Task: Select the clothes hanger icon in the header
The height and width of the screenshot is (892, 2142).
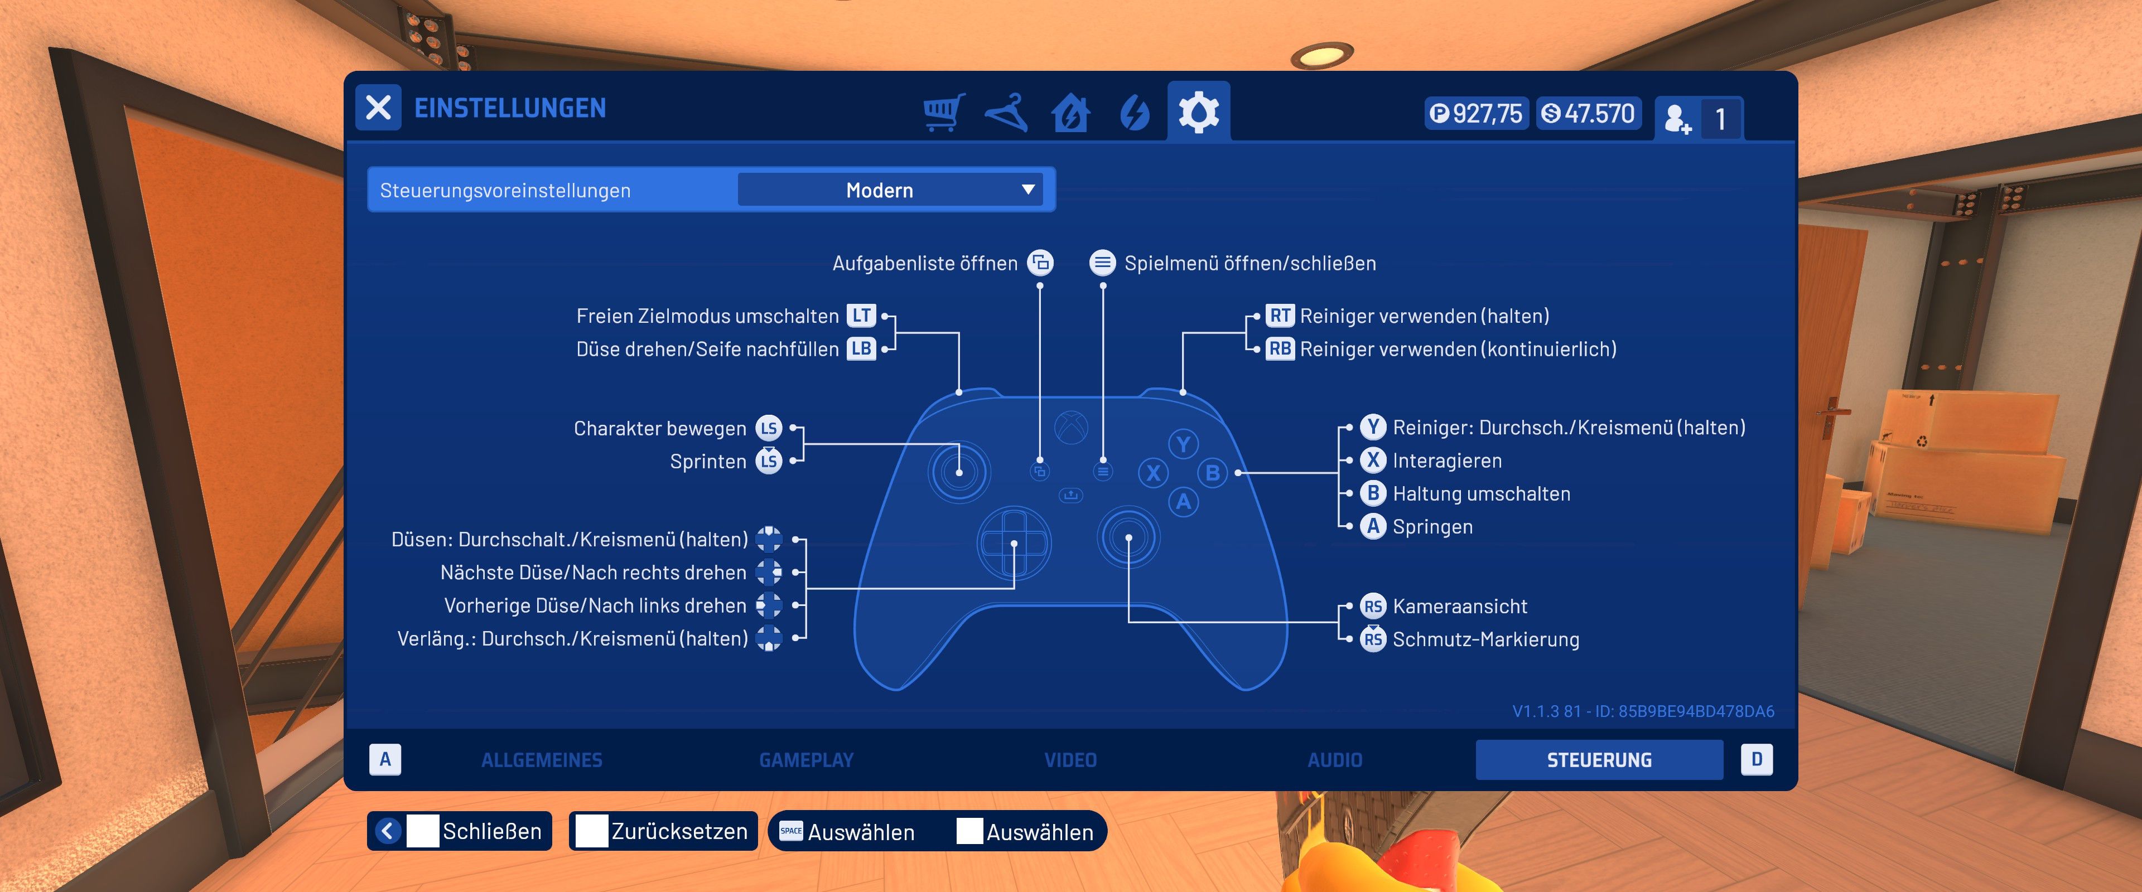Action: click(x=1006, y=112)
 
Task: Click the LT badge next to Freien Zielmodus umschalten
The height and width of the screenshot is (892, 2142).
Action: click(x=861, y=316)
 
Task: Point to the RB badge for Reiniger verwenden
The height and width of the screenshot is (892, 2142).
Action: click(x=1280, y=349)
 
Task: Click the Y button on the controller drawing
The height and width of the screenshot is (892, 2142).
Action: click(x=1183, y=443)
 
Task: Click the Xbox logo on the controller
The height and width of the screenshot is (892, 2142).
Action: click(x=1071, y=427)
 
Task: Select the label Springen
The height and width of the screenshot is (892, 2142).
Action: click(x=1432, y=527)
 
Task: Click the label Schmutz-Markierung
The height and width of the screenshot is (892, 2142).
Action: click(x=1485, y=639)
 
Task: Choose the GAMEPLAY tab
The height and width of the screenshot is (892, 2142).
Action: click(x=805, y=760)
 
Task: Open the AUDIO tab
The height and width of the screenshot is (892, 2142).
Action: click(x=1335, y=760)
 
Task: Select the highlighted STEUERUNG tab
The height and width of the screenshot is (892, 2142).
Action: click(x=1598, y=760)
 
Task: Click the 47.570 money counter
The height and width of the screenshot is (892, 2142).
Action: click(x=1588, y=114)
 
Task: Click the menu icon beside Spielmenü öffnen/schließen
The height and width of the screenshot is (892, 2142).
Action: click(x=1103, y=264)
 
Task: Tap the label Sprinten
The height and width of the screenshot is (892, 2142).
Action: click(x=708, y=462)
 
